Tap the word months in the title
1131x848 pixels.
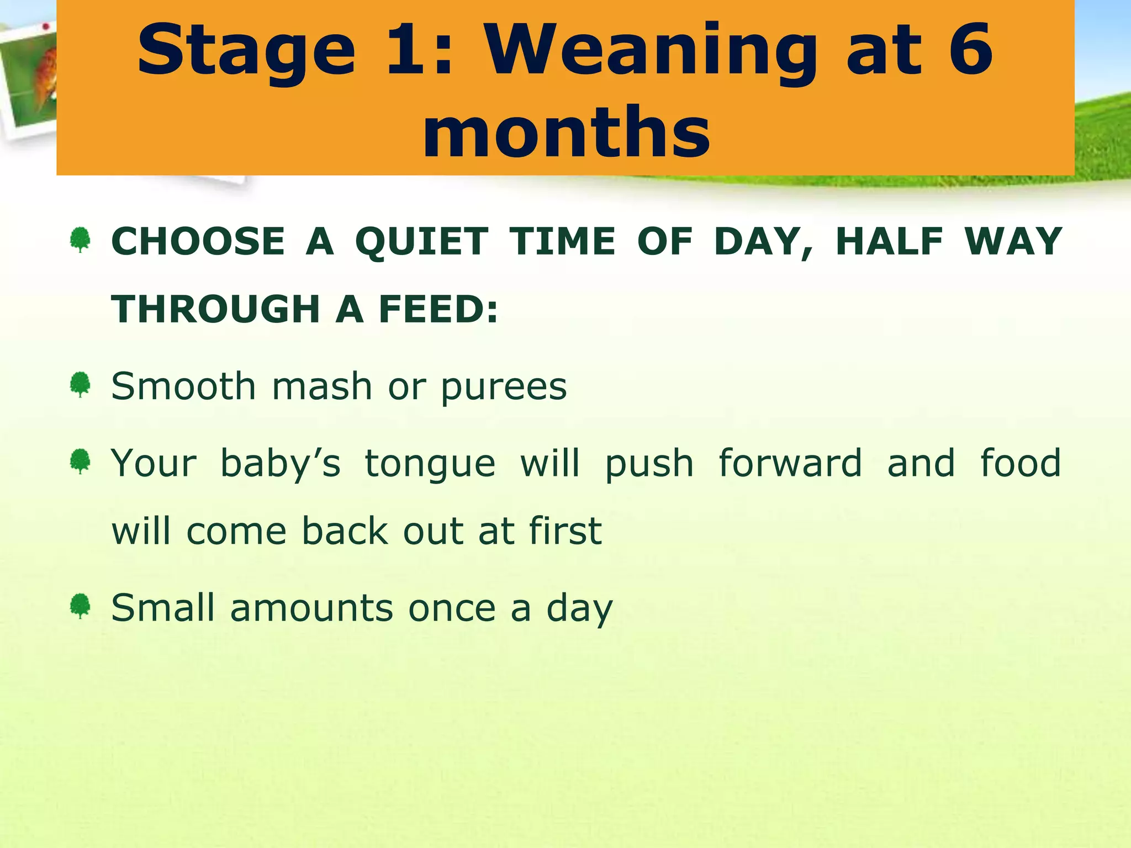[567, 132]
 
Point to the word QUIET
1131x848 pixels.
[421, 242]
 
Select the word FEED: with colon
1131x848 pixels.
[438, 309]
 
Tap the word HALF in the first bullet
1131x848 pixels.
[889, 242]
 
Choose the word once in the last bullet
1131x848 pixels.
[452, 608]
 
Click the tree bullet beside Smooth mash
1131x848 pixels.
[81, 384]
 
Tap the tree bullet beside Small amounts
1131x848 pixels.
[81, 606]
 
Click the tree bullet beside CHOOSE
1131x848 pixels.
[81, 240]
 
